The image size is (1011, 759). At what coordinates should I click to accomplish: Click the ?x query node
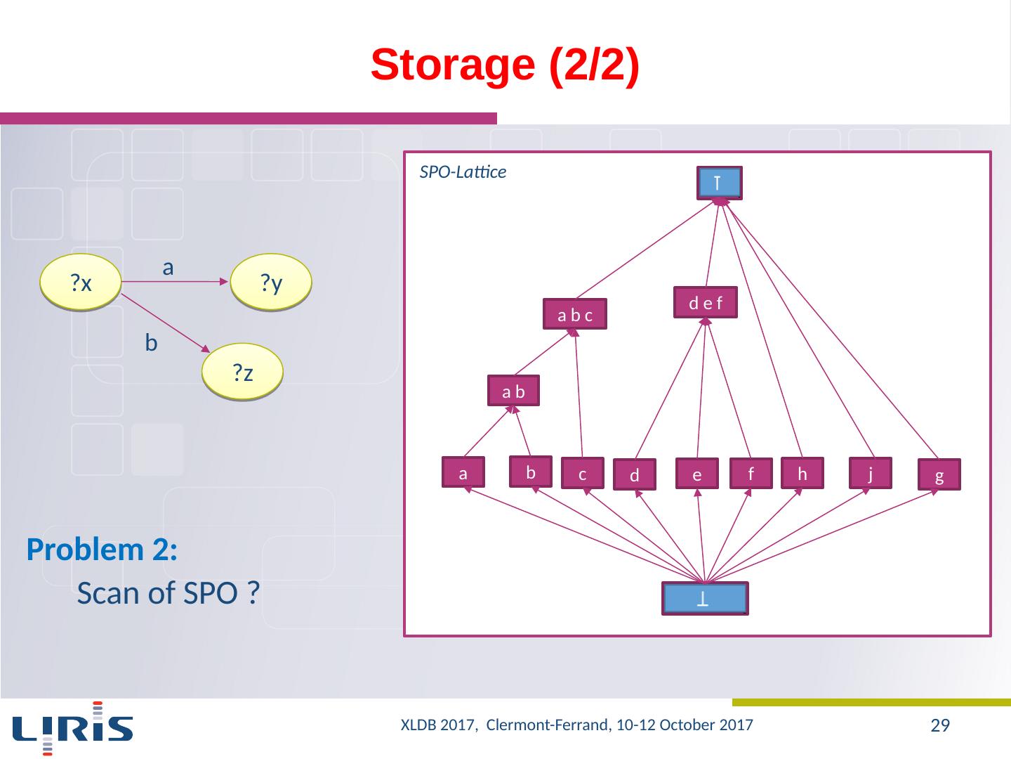coord(81,283)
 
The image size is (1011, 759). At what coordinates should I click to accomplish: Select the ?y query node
coord(271,283)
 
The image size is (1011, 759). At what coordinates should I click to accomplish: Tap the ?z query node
coord(242,372)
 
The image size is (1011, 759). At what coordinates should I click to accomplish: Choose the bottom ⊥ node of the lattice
coord(704,599)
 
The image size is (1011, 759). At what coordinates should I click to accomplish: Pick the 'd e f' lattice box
coord(705,303)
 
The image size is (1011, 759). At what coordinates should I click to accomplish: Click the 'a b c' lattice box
coord(574,315)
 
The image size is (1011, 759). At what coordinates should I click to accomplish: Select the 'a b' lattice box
coord(513,391)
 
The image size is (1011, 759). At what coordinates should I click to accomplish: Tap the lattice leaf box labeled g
coord(939,475)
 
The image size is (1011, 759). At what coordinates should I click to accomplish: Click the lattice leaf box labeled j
coord(870,474)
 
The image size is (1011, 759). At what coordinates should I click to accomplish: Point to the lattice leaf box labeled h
coord(802,474)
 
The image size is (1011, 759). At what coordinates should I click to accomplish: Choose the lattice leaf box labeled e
coord(697,474)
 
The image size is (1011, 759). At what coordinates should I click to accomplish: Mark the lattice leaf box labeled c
coord(582,474)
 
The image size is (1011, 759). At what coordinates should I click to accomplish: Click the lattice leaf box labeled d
coord(634,475)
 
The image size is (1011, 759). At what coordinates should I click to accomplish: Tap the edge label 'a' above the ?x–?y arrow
coord(168,267)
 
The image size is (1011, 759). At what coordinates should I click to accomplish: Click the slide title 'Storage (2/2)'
coord(505,65)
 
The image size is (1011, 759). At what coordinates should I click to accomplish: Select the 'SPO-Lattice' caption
coord(463,172)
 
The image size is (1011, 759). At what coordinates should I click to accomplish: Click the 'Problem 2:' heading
coord(102,550)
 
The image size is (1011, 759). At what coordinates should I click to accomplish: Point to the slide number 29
coord(939,726)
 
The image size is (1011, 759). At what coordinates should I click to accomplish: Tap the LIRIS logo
coord(73,727)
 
